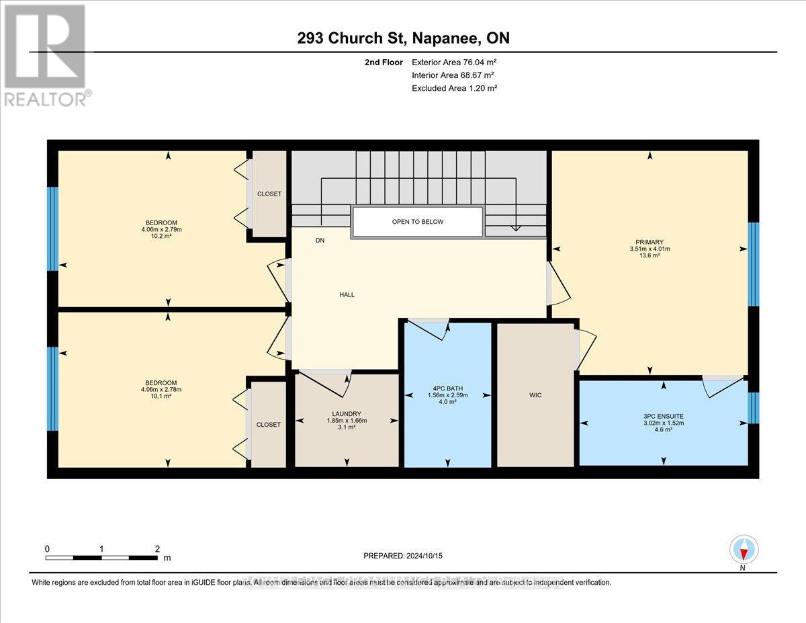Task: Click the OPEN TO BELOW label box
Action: pos(417,222)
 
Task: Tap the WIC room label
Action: pos(535,395)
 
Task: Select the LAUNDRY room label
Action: pos(347,414)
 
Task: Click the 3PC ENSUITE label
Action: pos(663,416)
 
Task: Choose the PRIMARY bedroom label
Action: pos(650,242)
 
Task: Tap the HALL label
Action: pos(347,294)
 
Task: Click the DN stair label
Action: pos(320,240)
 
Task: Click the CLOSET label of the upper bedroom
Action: pos(269,194)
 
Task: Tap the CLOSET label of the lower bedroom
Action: pos(269,425)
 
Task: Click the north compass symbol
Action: pos(744,550)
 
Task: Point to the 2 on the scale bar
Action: pos(156,548)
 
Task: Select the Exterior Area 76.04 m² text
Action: pos(454,62)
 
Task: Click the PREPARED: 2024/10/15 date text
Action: pos(404,556)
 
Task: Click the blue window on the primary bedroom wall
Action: pos(754,264)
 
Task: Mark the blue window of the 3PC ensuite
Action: pos(754,408)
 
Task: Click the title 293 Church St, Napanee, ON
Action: pos(403,38)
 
